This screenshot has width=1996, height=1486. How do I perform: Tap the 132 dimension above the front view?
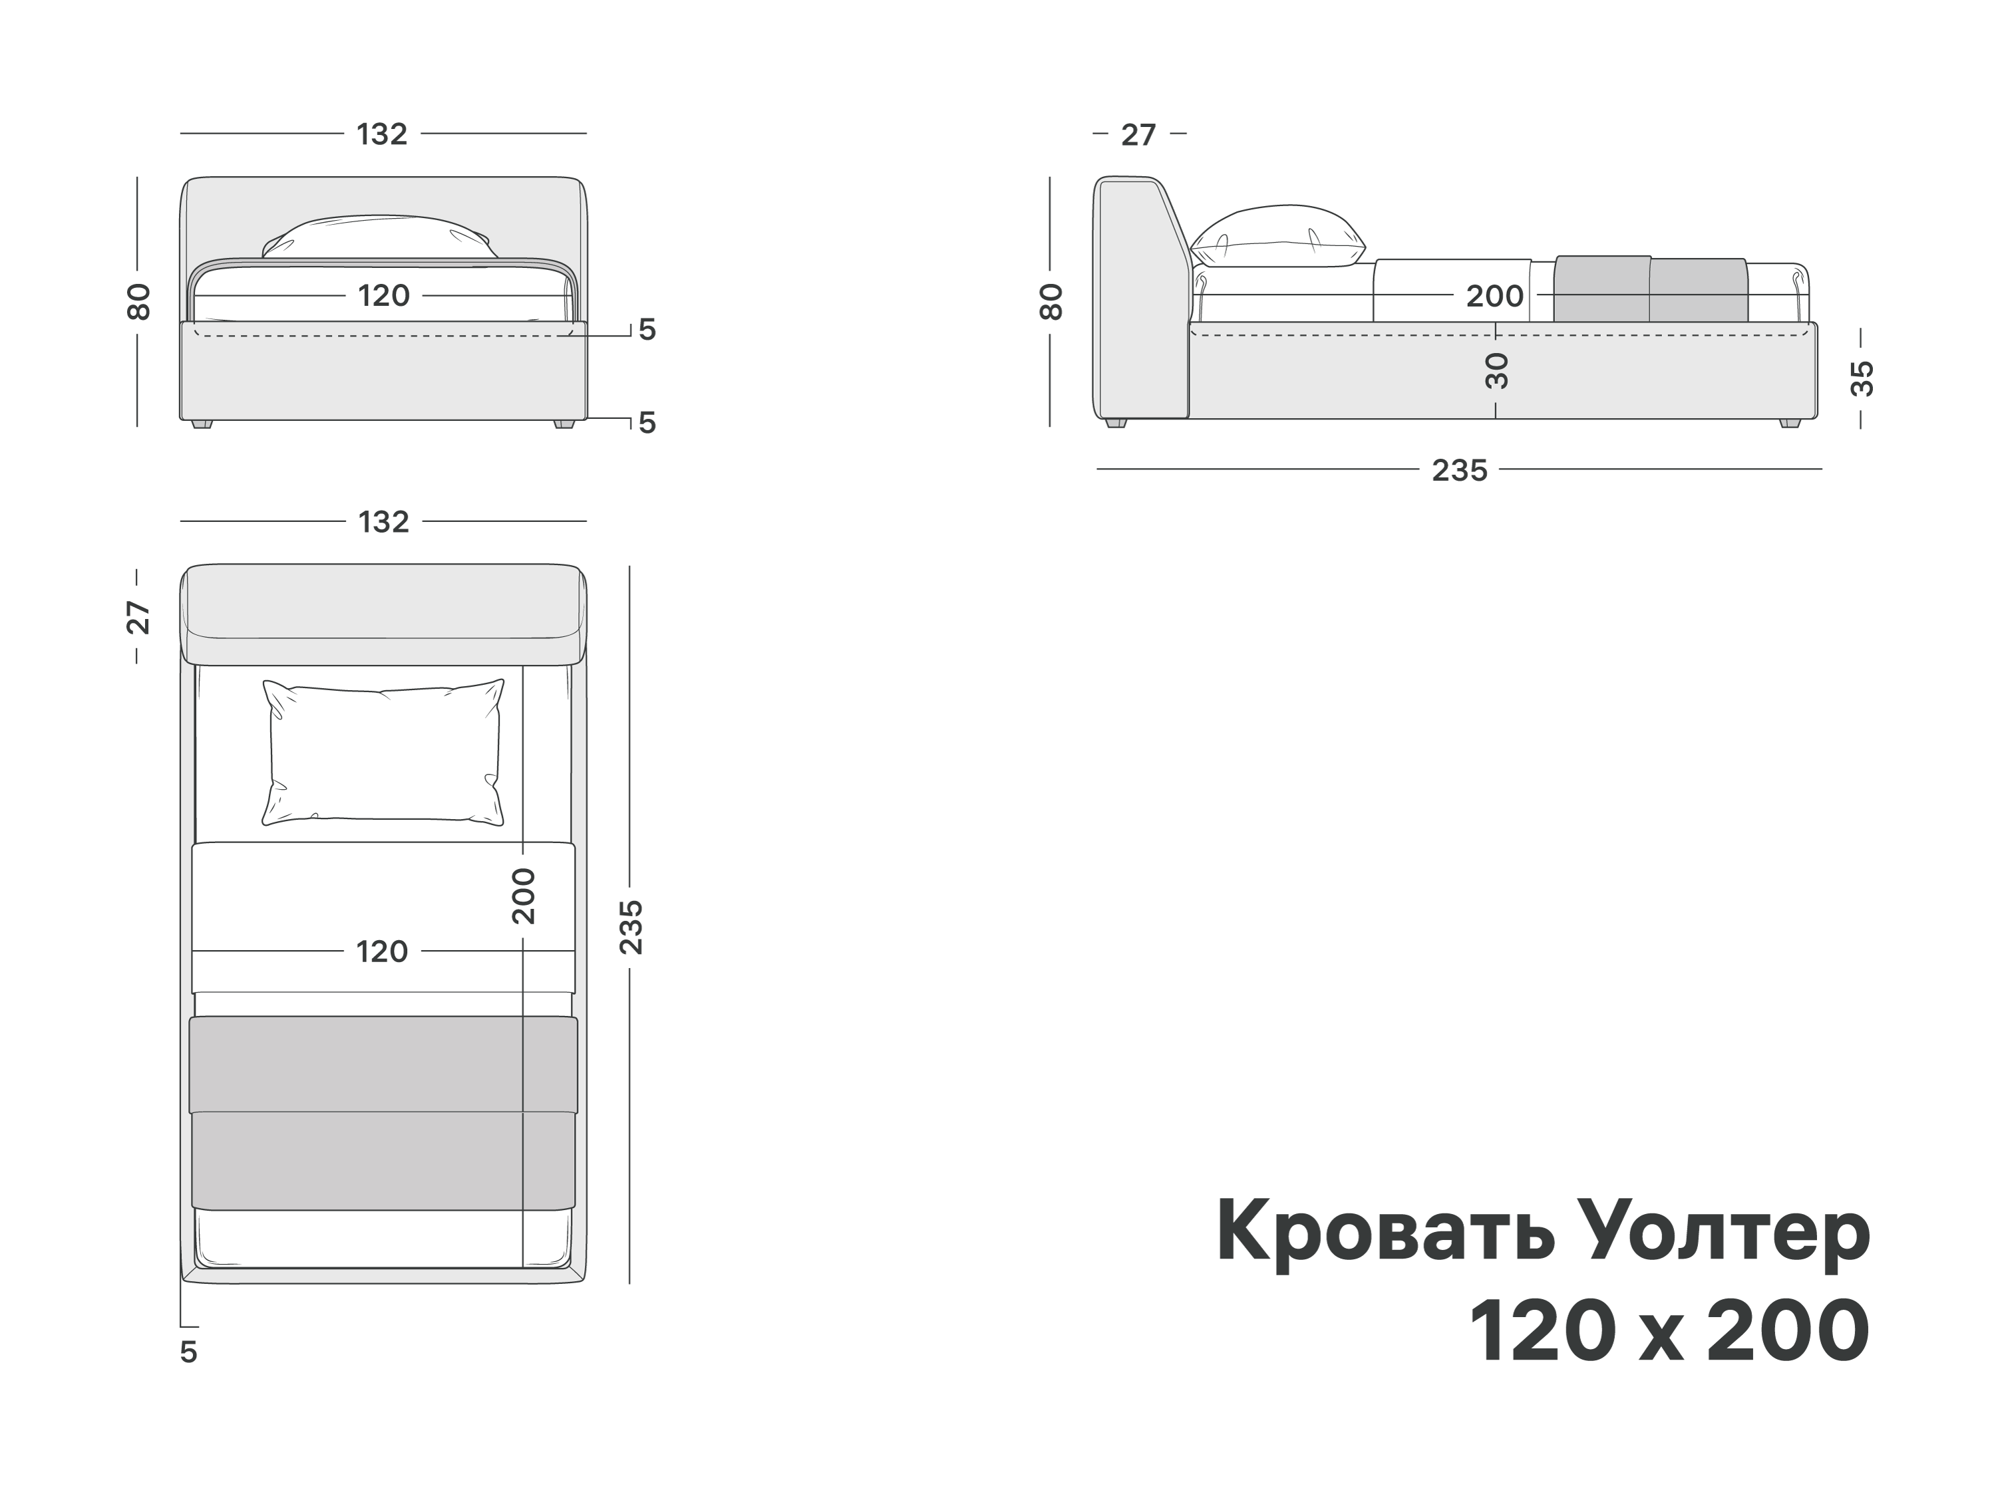(x=383, y=134)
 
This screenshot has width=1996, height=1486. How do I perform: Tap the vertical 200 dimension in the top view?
(x=523, y=896)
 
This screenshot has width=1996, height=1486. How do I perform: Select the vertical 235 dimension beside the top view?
(x=631, y=926)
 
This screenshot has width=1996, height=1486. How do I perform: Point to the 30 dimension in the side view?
(x=1496, y=370)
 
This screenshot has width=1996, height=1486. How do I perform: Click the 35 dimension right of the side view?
(x=1861, y=378)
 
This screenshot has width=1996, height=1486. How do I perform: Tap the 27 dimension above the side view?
(x=1138, y=135)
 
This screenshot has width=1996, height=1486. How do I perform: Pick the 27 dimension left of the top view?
(x=138, y=617)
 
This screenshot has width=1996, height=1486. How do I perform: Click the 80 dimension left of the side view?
(x=1050, y=301)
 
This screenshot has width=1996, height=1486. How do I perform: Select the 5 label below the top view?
(x=188, y=1352)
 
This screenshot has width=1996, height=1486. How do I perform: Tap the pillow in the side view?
(x=1278, y=237)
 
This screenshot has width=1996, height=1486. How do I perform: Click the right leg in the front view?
(x=564, y=423)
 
